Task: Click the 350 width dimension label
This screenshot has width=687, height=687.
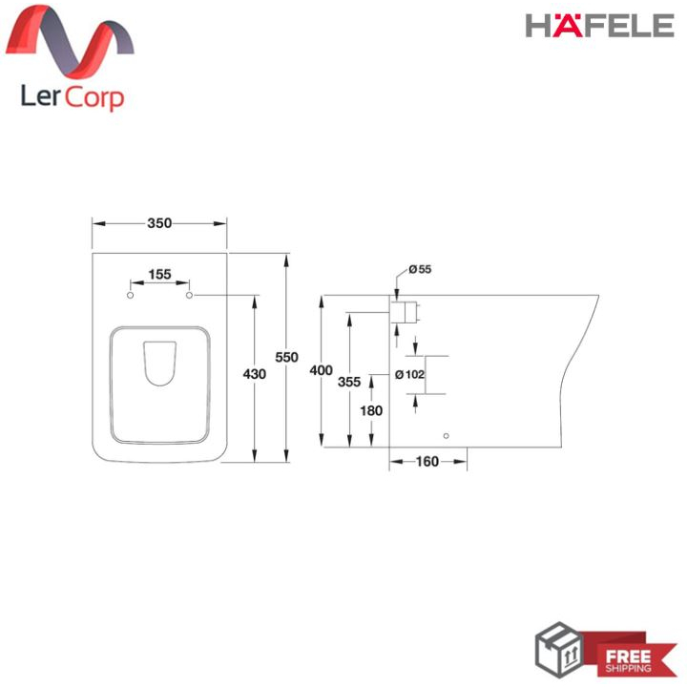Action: pyautogui.click(x=159, y=223)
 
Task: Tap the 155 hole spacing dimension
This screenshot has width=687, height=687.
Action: pyautogui.click(x=159, y=275)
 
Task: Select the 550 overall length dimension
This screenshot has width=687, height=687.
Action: pyautogui.click(x=286, y=358)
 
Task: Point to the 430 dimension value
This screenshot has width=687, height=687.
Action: pyautogui.click(x=255, y=374)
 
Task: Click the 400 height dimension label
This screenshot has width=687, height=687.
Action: pyautogui.click(x=322, y=370)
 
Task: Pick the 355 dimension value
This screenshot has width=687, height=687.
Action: pyautogui.click(x=349, y=382)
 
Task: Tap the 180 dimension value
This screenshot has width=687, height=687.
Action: pyautogui.click(x=371, y=411)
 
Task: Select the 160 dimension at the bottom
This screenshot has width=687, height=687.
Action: pyautogui.click(x=427, y=462)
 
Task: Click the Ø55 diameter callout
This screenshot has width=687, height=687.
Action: pyautogui.click(x=420, y=269)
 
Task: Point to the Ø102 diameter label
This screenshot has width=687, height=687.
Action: pyautogui.click(x=409, y=375)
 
